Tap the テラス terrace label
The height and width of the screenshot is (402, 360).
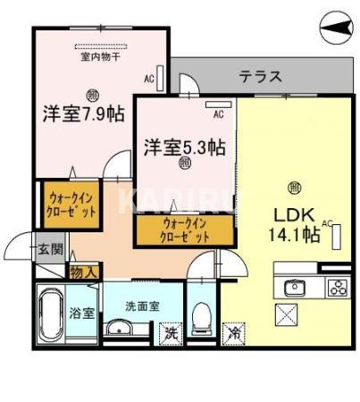coord(260,77)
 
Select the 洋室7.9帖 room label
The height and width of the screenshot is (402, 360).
coord(83,114)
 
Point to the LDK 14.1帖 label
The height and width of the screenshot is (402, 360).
coord(295,224)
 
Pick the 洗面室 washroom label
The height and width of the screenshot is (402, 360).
coord(142,305)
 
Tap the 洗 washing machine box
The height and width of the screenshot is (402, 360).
coord(170,334)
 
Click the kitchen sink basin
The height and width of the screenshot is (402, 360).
coord(294,288)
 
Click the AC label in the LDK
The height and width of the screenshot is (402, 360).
coord(327,222)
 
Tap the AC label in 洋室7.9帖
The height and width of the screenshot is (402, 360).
coord(148,80)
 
